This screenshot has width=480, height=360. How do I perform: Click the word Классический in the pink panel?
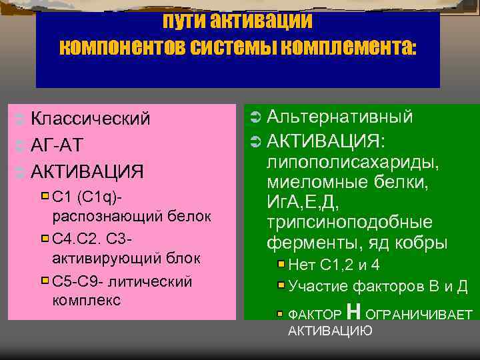point(91,119)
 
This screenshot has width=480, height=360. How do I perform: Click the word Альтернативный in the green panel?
point(339,117)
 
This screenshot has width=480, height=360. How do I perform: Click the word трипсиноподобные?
point(349,222)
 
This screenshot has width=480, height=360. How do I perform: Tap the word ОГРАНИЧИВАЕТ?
point(420,314)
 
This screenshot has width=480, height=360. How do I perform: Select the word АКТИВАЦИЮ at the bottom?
point(330,331)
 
